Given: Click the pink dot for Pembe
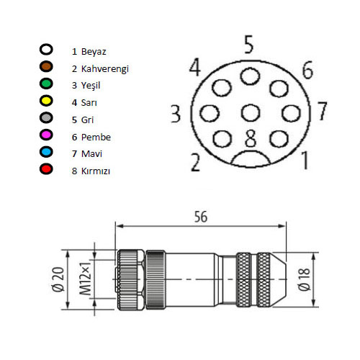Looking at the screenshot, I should point(47,137).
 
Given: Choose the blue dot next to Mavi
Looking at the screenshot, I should point(47,153).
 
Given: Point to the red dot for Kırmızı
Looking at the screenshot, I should point(47,171).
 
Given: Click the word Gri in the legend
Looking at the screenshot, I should point(89,120).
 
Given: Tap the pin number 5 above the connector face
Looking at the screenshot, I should point(249,45).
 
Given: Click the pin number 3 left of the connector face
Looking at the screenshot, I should point(175,114).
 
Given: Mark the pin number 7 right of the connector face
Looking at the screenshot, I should point(322,112).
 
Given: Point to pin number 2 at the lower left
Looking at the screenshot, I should point(194,162).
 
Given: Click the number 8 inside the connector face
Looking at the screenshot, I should point(250,135).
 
